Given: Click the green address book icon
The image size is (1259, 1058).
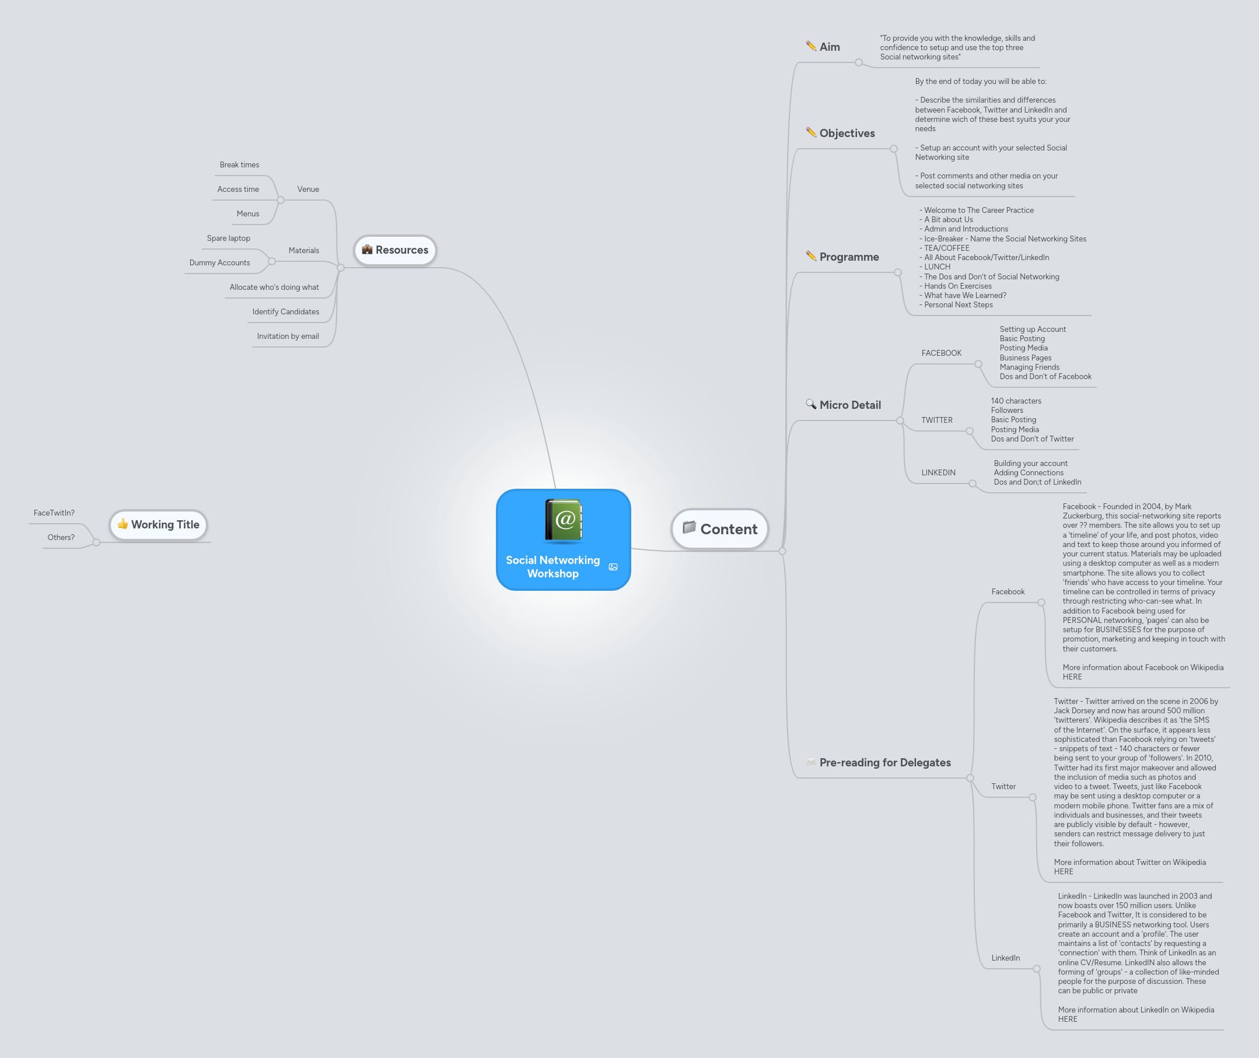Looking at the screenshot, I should pos(563,520).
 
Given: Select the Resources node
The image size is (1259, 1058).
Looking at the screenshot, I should pos(396,250).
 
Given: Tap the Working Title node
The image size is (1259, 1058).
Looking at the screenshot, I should pos(159,525).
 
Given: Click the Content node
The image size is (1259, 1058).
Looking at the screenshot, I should pos(720,529).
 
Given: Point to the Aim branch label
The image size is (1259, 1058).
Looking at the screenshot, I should pos(830,47).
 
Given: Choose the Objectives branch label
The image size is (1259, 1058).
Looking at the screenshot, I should pos(847,133).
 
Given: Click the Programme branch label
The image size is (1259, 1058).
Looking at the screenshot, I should pos(849,257).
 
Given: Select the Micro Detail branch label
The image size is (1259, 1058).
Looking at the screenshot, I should pos(850,405).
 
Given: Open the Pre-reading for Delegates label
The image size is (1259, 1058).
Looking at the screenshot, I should pos(884,762).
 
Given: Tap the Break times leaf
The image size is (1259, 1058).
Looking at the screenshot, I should pos(239,165).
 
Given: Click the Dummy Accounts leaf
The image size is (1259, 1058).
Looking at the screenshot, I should pos(219,262).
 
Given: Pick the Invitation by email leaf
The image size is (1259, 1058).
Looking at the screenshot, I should pos(288,337).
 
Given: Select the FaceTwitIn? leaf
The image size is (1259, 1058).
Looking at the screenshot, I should pos(54,513).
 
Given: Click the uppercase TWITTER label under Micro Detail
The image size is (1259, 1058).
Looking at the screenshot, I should pos(937,421).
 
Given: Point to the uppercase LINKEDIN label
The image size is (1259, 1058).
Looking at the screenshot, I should pos(938,472).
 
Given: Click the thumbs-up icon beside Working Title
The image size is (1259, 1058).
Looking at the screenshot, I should pos(123,524).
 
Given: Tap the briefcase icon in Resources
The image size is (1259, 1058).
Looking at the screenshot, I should pos(367,250).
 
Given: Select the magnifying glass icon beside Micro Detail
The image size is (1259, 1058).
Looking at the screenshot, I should pos(811,404).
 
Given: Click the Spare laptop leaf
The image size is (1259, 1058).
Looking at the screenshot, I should pos(229,238).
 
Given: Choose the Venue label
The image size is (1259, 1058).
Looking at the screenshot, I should pos(307,190).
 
